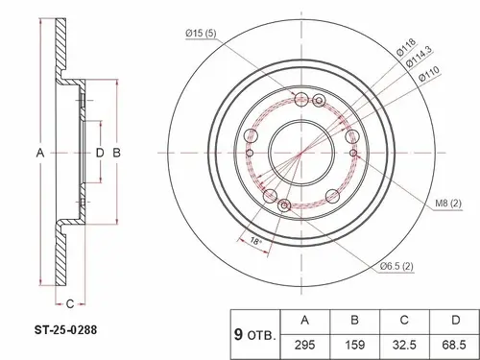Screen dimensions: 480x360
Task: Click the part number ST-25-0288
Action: tap(65, 329)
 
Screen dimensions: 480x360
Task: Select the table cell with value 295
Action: tap(305, 345)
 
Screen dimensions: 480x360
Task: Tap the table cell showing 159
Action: tap(354, 345)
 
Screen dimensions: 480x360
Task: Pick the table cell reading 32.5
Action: tap(404, 345)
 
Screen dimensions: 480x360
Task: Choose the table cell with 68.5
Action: tap(454, 345)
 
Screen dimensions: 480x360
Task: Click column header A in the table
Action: tap(305, 321)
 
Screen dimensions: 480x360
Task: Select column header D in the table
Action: tap(454, 321)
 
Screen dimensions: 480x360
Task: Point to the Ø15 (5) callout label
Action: tap(201, 33)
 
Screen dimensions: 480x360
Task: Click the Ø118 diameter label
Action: tap(406, 47)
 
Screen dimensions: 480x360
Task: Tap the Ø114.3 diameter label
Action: tap(419, 57)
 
